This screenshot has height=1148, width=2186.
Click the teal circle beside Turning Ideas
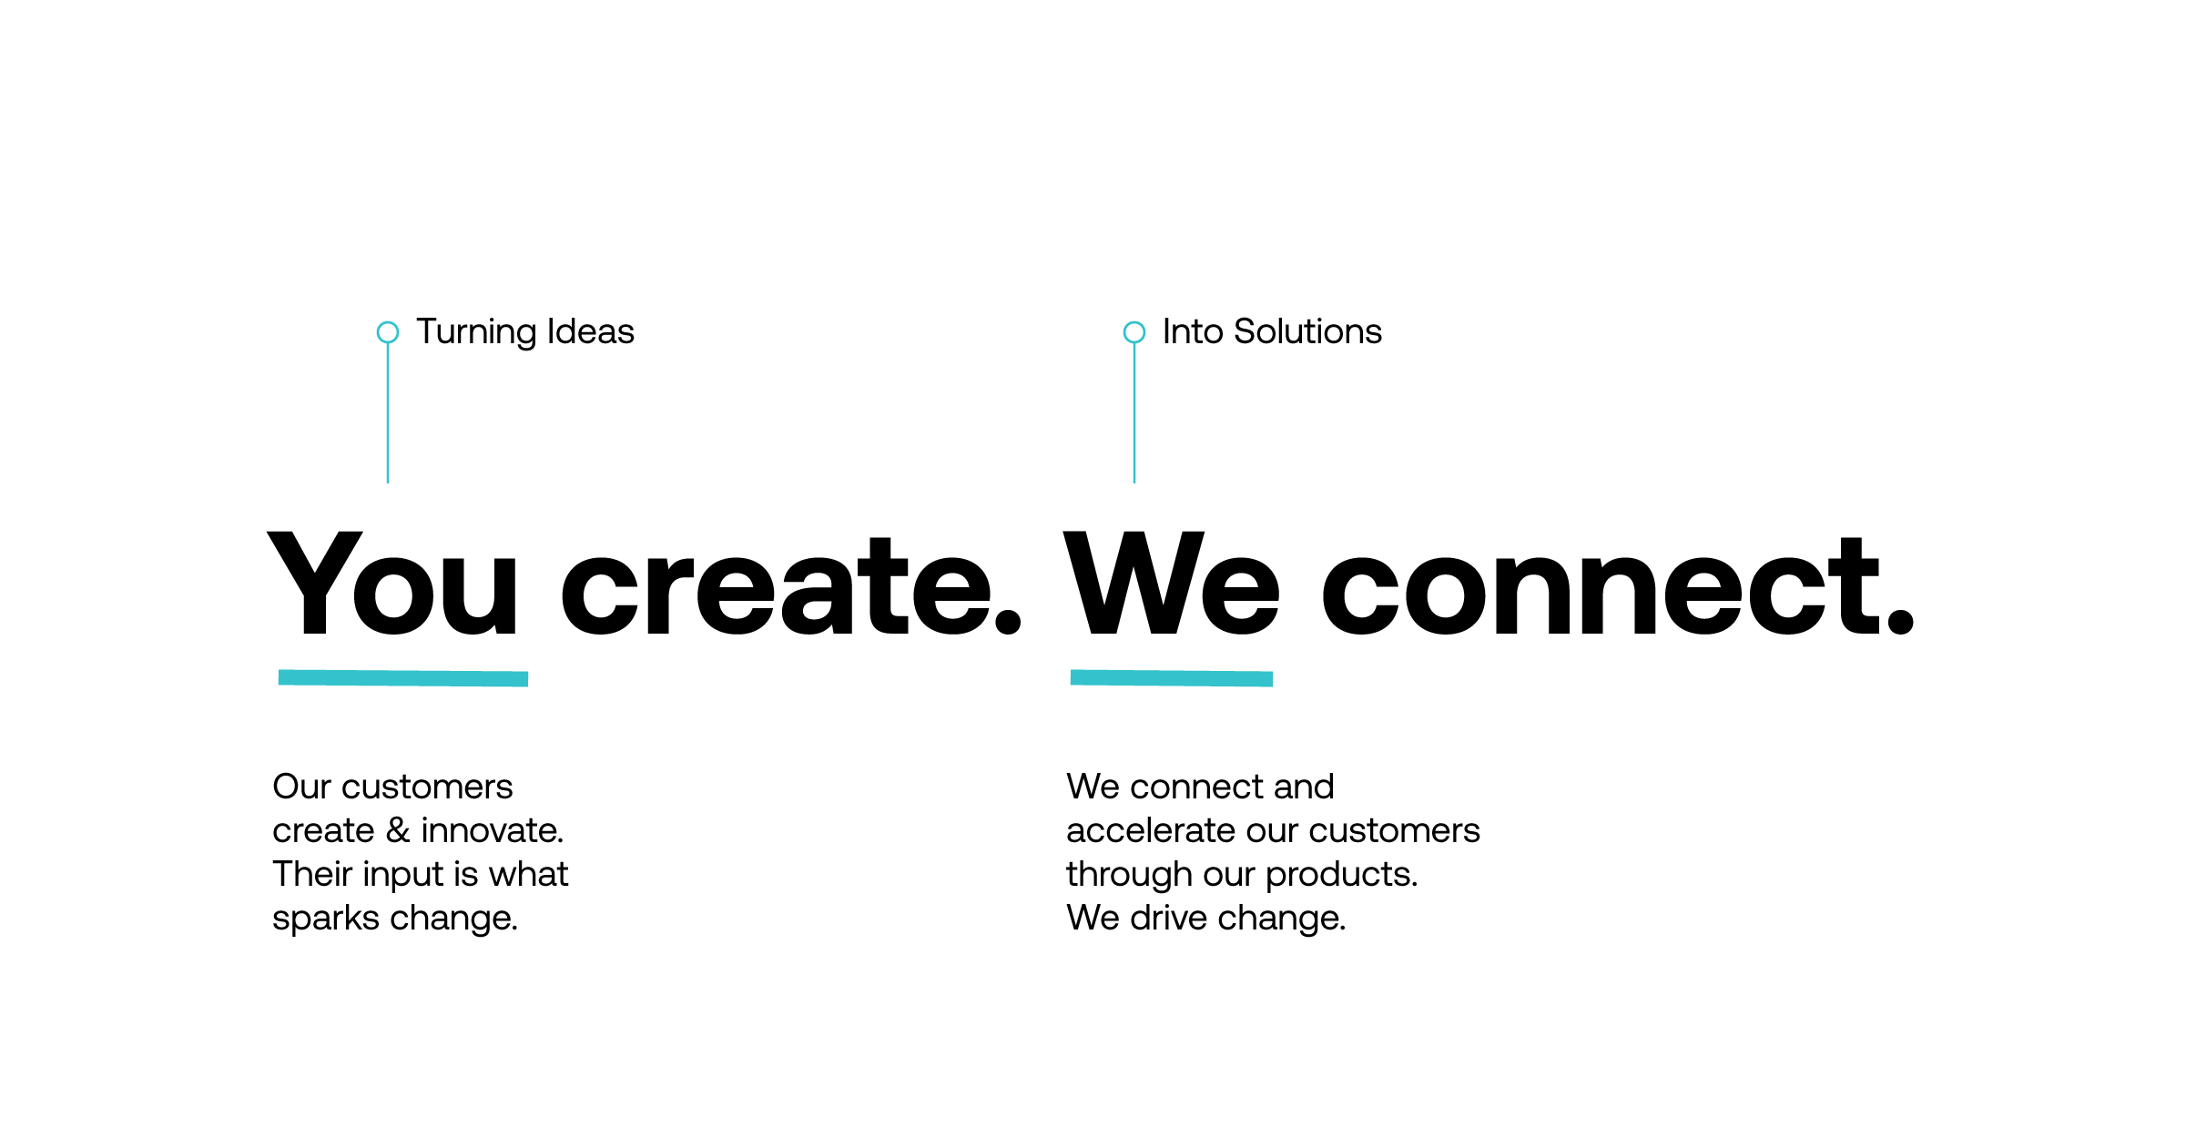pos(379,332)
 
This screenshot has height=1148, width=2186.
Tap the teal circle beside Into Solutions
pos(1124,332)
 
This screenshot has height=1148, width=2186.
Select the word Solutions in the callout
pos(1307,331)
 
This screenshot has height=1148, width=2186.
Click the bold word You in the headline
pos(392,583)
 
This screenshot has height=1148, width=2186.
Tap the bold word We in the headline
pos(1172,583)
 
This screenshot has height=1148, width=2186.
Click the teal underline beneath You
pos(403,678)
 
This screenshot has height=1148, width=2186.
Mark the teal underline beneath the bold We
pos(1172,678)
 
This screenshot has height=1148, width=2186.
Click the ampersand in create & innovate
pos(398,830)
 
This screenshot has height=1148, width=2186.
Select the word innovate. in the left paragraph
pos(493,830)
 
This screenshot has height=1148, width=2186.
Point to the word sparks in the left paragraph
pos(325,919)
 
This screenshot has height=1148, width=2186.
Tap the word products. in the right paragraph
pos(1342,875)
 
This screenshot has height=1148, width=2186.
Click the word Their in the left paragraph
pos(312,874)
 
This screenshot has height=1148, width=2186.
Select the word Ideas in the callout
pos(590,331)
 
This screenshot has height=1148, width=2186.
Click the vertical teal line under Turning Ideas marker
pos(388,413)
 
